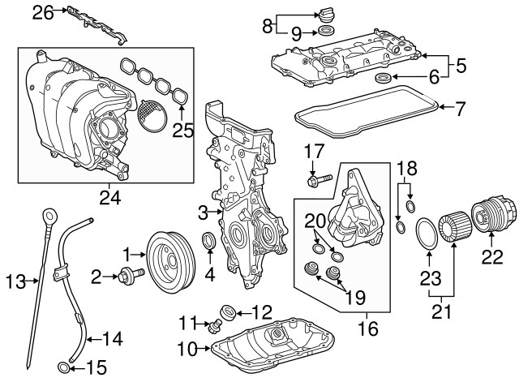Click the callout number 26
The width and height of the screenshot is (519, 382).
42,11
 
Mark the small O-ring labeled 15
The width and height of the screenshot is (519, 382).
62,371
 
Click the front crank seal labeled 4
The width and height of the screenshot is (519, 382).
208,243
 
